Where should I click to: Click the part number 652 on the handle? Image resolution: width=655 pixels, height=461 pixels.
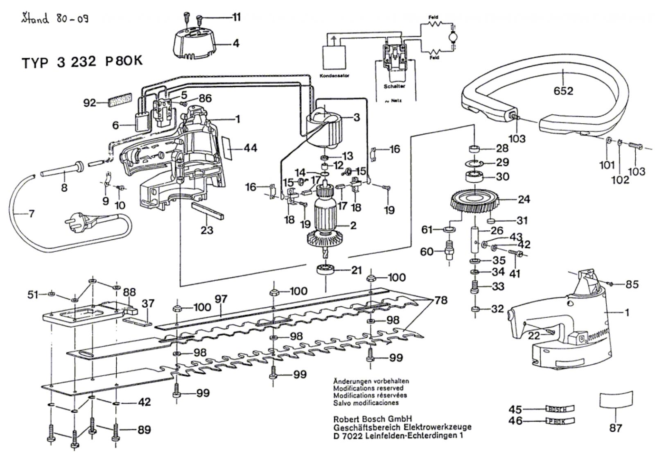[563, 91]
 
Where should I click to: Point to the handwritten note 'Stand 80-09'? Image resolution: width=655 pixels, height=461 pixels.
[55, 19]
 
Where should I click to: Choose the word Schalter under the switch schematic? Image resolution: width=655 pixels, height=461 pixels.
[394, 86]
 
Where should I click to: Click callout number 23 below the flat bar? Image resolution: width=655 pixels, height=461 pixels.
[207, 230]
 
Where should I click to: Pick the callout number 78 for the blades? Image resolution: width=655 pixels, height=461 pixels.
[440, 300]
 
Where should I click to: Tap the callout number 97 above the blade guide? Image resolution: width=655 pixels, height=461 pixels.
[221, 299]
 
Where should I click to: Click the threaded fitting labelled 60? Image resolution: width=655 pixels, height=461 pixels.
[450, 250]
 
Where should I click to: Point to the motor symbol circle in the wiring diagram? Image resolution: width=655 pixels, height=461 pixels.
[454, 37]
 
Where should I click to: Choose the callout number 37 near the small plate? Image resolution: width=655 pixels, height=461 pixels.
[148, 303]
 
